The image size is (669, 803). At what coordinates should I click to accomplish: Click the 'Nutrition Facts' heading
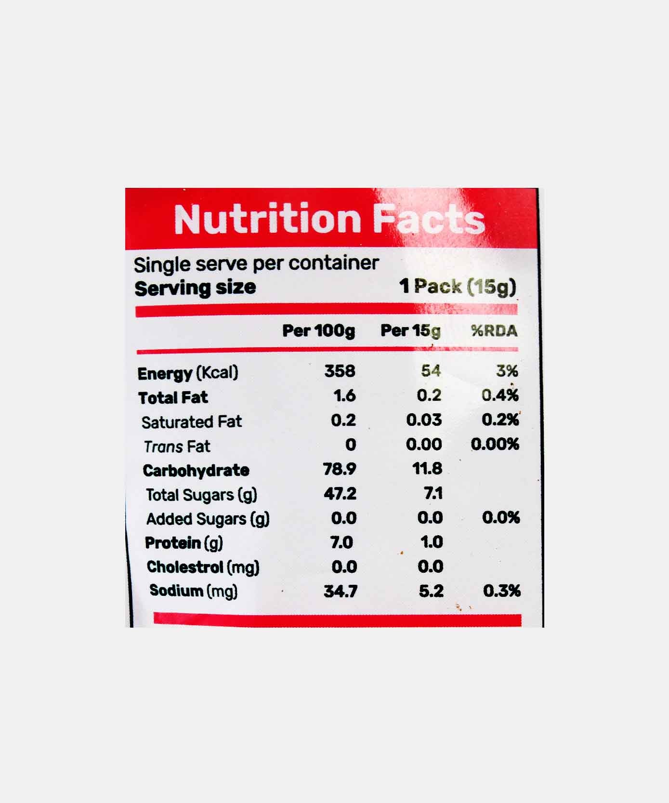tap(329, 219)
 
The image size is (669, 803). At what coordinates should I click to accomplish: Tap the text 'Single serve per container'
tap(256, 264)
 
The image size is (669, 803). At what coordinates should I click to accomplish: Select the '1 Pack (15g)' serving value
tap(458, 287)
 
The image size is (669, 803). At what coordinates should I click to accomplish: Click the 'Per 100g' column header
tap(318, 331)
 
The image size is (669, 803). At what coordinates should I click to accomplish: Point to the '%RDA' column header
tap(494, 331)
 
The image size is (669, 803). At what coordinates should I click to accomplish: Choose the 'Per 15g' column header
tap(410, 331)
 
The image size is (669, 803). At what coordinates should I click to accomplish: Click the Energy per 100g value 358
tap(340, 371)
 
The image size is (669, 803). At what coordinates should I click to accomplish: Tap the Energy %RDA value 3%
tap(507, 371)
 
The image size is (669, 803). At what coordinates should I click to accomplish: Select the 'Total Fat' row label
tap(173, 397)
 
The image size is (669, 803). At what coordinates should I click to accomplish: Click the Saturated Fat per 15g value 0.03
tap(424, 420)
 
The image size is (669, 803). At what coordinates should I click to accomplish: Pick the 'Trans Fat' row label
tap(177, 447)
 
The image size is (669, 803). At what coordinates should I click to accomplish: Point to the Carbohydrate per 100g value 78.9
tap(340, 469)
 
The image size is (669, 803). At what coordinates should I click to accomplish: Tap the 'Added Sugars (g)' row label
tap(208, 519)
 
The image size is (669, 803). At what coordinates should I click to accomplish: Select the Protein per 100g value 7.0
tap(341, 542)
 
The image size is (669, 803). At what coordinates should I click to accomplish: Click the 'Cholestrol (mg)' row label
tap(203, 567)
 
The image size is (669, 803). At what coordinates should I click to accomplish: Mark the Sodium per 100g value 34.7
tap(340, 591)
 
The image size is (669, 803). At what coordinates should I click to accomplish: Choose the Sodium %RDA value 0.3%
tap(501, 591)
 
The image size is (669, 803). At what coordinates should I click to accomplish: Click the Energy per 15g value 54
tap(431, 371)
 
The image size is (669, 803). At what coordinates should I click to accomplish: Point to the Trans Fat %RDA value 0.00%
tap(495, 444)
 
